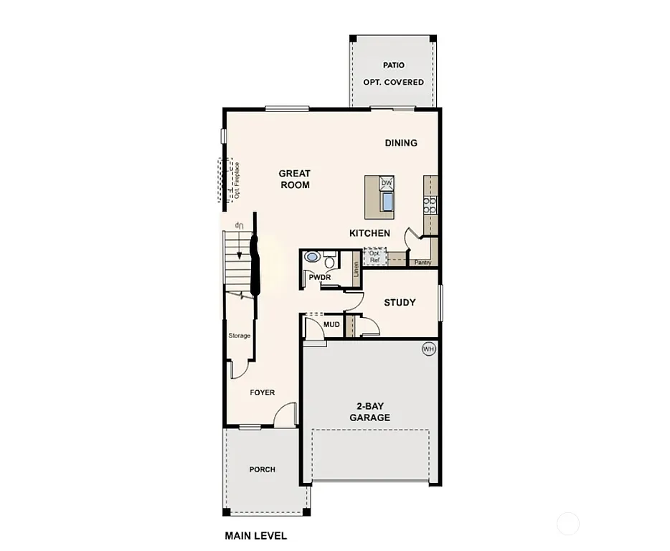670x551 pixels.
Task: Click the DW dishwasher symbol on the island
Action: tap(387, 184)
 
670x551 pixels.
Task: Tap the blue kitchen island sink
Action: tap(387, 202)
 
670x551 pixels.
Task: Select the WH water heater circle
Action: tap(429, 349)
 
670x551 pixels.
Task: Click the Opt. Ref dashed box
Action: tap(374, 257)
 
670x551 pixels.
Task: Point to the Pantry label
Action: tap(423, 263)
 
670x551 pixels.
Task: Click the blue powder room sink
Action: tap(312, 257)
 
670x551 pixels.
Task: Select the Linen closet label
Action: tap(356, 270)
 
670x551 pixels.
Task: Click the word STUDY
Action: tap(400, 302)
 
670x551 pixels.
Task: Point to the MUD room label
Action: tap(331, 325)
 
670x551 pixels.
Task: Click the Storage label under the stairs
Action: tap(240, 336)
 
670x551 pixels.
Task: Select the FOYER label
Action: tap(262, 392)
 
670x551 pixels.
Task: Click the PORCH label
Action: tap(262, 470)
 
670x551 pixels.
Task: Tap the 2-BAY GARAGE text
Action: tap(370, 412)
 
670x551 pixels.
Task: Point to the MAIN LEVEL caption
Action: tap(255, 536)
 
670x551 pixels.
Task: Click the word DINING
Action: tap(401, 143)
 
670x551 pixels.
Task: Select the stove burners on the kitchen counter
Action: tap(429, 206)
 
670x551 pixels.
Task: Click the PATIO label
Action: tap(393, 65)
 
